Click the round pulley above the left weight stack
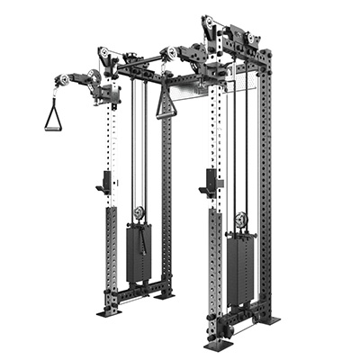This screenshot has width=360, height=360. click(139, 213)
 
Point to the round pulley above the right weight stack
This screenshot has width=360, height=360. click(240, 219)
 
